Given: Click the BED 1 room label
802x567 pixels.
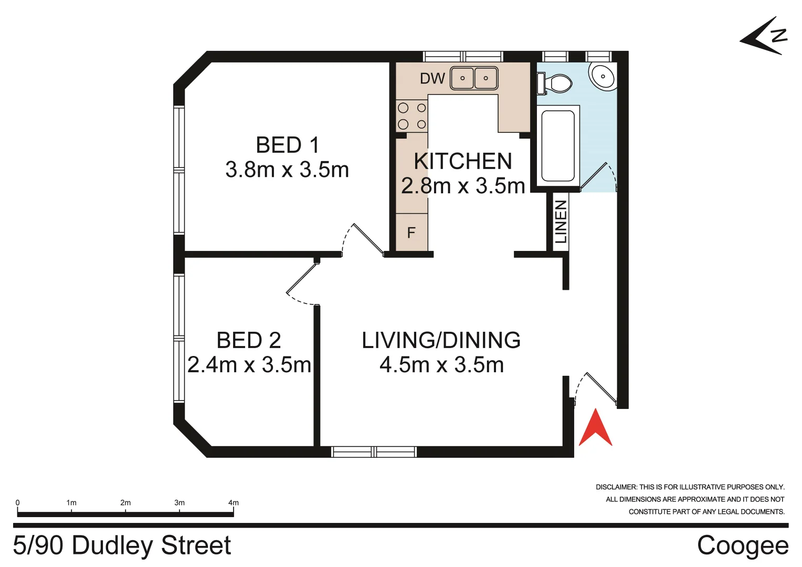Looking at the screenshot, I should (287, 145).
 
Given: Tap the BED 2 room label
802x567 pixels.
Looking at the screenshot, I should (249, 341).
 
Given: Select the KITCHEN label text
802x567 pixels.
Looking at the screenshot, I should (462, 162).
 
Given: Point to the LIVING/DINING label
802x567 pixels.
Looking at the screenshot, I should (441, 341).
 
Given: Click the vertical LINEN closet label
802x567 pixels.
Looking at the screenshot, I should (561, 222).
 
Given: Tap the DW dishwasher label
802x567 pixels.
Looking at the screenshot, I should (432, 79).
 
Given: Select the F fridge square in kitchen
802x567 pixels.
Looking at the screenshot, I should (411, 233).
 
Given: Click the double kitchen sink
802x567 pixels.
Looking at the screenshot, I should (474, 78).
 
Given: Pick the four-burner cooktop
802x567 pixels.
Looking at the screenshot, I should (412, 116).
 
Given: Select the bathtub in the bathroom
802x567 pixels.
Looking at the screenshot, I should (558, 145).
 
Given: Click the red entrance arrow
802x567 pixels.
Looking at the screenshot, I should (595, 428).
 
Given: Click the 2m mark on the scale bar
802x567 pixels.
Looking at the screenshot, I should (125, 503).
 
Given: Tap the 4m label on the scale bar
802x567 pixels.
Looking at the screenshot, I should (234, 503).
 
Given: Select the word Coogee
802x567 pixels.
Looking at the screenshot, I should (742, 545).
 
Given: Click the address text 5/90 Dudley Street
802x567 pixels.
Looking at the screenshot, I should (122, 545).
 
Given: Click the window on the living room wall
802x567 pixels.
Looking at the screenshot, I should (374, 451).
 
